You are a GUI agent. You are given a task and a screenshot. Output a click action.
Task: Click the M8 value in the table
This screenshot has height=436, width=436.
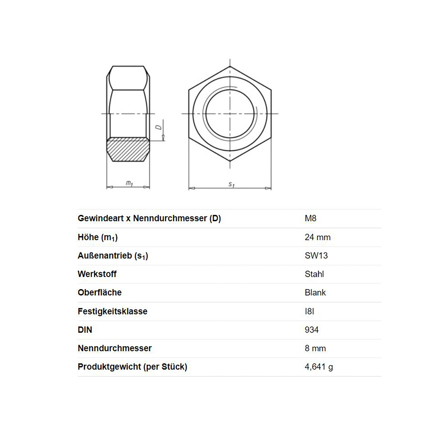click(310, 219)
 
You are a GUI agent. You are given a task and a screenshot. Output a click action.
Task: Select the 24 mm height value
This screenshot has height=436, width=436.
click(317, 237)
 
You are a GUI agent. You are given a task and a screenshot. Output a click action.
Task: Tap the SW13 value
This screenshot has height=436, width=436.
click(316, 256)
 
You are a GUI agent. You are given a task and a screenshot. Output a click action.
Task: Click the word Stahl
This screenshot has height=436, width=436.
click(314, 274)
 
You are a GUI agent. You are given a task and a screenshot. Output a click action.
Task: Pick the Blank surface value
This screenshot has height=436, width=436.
click(315, 293)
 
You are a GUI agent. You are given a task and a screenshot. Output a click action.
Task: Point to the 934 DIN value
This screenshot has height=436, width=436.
click(311, 330)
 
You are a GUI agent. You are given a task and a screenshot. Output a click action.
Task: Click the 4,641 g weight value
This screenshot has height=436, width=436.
click(319, 367)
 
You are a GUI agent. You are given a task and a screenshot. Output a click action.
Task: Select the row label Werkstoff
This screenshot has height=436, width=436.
click(97, 274)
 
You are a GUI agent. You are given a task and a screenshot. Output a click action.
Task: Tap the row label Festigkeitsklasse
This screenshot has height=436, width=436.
click(112, 311)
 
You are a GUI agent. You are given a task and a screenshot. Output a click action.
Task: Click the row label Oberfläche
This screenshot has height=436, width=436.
click(99, 293)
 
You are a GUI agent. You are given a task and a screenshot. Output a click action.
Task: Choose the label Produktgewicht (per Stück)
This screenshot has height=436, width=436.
click(132, 367)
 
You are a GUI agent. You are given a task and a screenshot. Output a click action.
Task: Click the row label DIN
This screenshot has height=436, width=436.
click(85, 330)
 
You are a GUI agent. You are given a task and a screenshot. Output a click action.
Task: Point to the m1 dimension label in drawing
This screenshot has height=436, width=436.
click(129, 183)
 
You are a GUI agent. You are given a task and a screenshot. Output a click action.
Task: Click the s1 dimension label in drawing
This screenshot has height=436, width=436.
click(231, 184)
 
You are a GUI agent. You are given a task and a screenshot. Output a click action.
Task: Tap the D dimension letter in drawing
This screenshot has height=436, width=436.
click(159, 127)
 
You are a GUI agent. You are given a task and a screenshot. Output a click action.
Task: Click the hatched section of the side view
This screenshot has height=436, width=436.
click(128, 150)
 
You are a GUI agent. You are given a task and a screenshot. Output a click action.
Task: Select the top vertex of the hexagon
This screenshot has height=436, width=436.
click(230, 66)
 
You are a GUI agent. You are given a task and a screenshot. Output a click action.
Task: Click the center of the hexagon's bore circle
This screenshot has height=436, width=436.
click(230, 113)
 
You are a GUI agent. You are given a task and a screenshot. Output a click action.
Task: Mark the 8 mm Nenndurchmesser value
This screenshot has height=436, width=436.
click(315, 349)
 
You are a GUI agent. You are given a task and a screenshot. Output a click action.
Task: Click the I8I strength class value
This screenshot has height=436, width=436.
click(309, 311)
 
